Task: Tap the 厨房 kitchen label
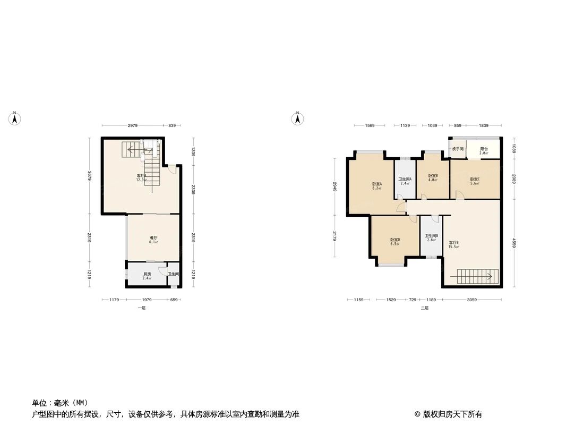coord(147,274)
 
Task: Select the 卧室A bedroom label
coord(377,184)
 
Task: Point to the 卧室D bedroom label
coord(395,240)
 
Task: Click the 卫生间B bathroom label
coord(431,235)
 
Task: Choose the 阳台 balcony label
coord(484,149)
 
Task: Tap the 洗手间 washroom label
coord(458,149)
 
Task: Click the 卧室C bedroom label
coord(475,180)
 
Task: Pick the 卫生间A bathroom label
coord(405,179)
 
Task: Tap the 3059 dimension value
coord(472,300)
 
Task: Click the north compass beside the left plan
coord(15,118)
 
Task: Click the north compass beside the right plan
coord(298,118)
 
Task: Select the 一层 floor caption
coord(141,308)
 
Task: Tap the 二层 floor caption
coord(424,308)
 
